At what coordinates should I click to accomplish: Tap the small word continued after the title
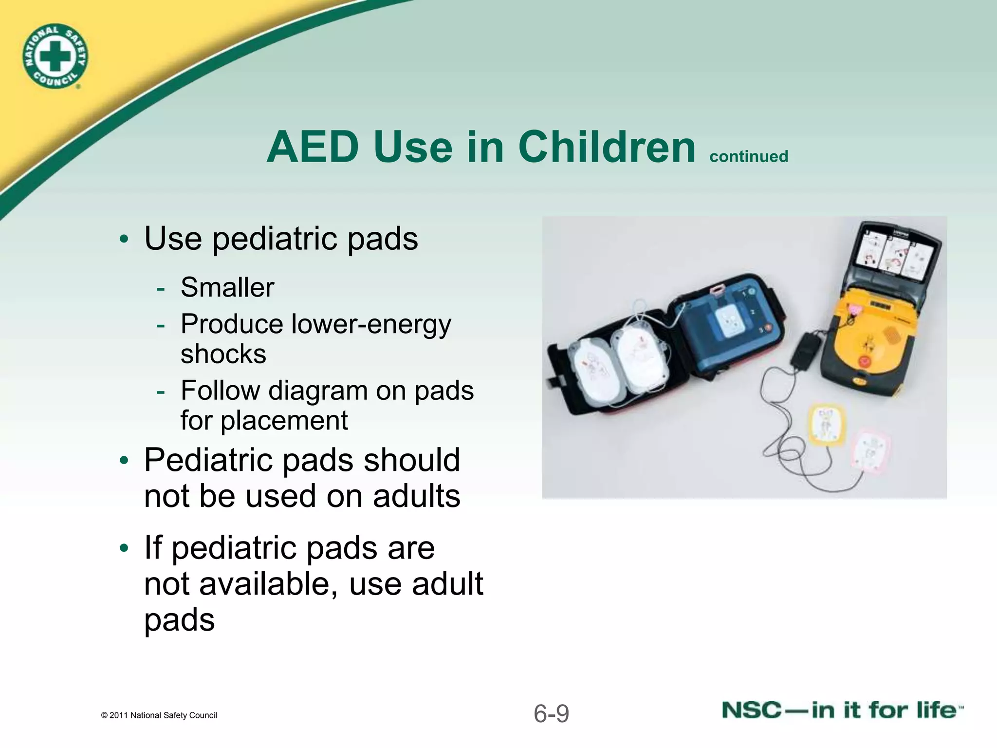(x=749, y=156)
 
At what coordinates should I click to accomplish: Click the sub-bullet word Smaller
(x=227, y=287)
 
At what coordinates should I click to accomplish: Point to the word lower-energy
(x=371, y=325)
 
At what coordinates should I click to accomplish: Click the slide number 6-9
(x=551, y=714)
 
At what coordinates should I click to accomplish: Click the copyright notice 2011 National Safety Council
(x=159, y=715)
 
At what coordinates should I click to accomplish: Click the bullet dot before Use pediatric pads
(x=124, y=240)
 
